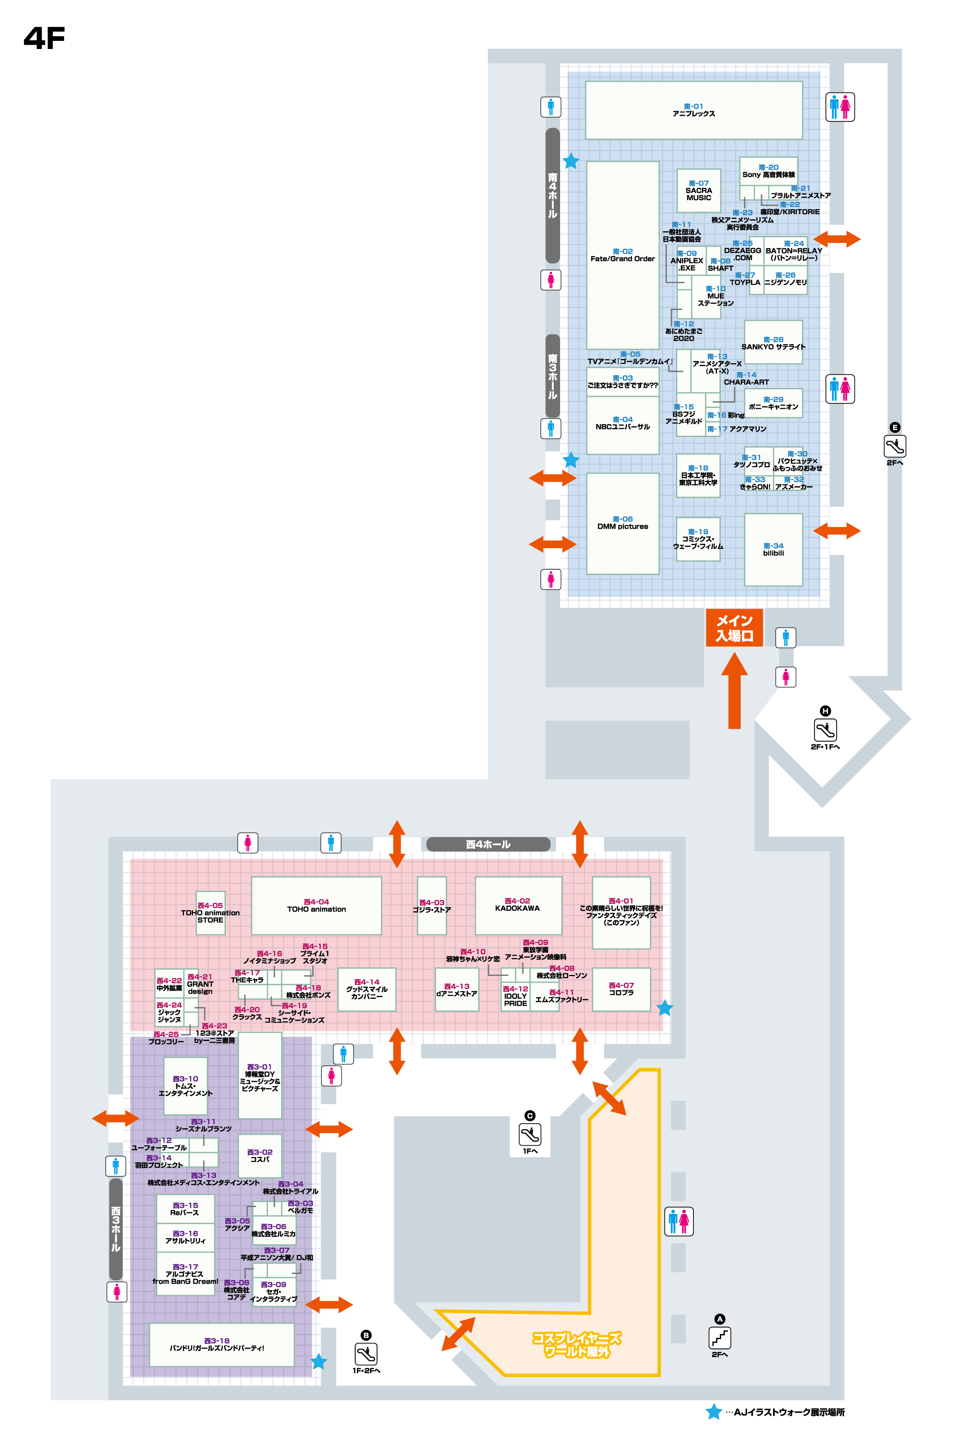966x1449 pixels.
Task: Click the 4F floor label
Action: point(44,38)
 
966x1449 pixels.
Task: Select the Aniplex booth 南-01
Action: point(694,110)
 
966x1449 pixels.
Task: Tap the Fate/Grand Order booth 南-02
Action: point(622,255)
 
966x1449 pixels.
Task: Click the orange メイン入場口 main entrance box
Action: point(734,628)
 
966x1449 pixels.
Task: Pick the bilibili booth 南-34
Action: point(773,549)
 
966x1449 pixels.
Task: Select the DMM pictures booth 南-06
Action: point(622,523)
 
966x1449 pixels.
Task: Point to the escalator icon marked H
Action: point(825,730)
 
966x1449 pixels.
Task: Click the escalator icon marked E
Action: point(894,446)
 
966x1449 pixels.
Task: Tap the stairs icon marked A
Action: point(719,1337)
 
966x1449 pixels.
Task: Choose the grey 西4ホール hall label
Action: point(488,844)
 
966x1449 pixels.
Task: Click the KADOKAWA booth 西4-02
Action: point(517,905)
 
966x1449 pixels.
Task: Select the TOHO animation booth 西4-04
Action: point(316,906)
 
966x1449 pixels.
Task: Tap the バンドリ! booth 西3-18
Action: point(221,1344)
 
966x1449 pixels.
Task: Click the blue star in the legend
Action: point(714,1412)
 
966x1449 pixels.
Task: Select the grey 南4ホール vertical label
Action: point(552,195)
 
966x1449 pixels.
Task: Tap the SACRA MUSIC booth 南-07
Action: point(699,191)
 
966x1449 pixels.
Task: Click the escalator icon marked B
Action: point(366,1354)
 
